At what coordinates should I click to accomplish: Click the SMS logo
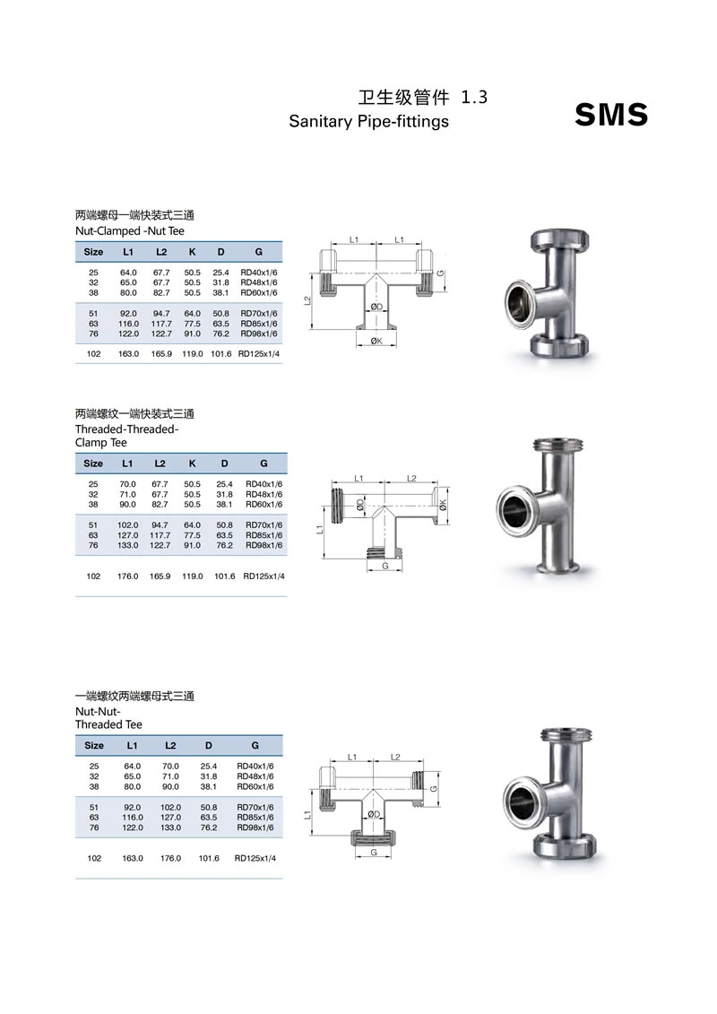(x=610, y=115)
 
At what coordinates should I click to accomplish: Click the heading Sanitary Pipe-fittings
(x=368, y=121)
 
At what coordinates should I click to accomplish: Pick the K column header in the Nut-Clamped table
(x=192, y=252)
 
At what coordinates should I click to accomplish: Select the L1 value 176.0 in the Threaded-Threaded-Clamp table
(x=128, y=576)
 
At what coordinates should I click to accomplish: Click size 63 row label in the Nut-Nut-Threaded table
(x=94, y=818)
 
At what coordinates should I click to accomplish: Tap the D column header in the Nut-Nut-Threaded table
(x=209, y=745)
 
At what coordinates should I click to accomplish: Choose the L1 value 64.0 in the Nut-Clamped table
(x=128, y=273)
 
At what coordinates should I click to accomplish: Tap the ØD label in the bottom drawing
(x=374, y=814)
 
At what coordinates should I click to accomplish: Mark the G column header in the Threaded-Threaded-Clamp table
(x=263, y=464)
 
